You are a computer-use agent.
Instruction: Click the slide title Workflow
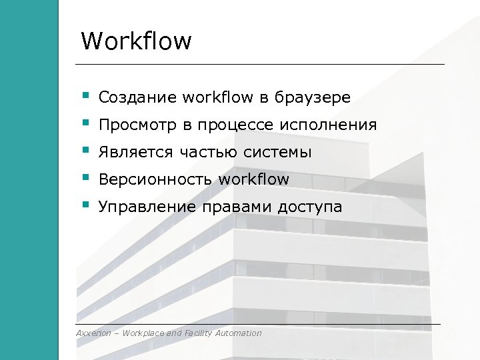point(136,41)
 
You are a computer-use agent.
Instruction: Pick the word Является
point(135,153)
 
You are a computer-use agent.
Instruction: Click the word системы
point(279,153)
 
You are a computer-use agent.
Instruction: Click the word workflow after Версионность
point(254,179)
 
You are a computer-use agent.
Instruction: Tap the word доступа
point(311,207)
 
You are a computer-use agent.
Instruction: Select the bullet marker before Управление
point(85,205)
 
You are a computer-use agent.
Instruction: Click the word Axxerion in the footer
point(95,333)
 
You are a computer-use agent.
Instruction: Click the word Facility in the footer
point(199,333)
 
